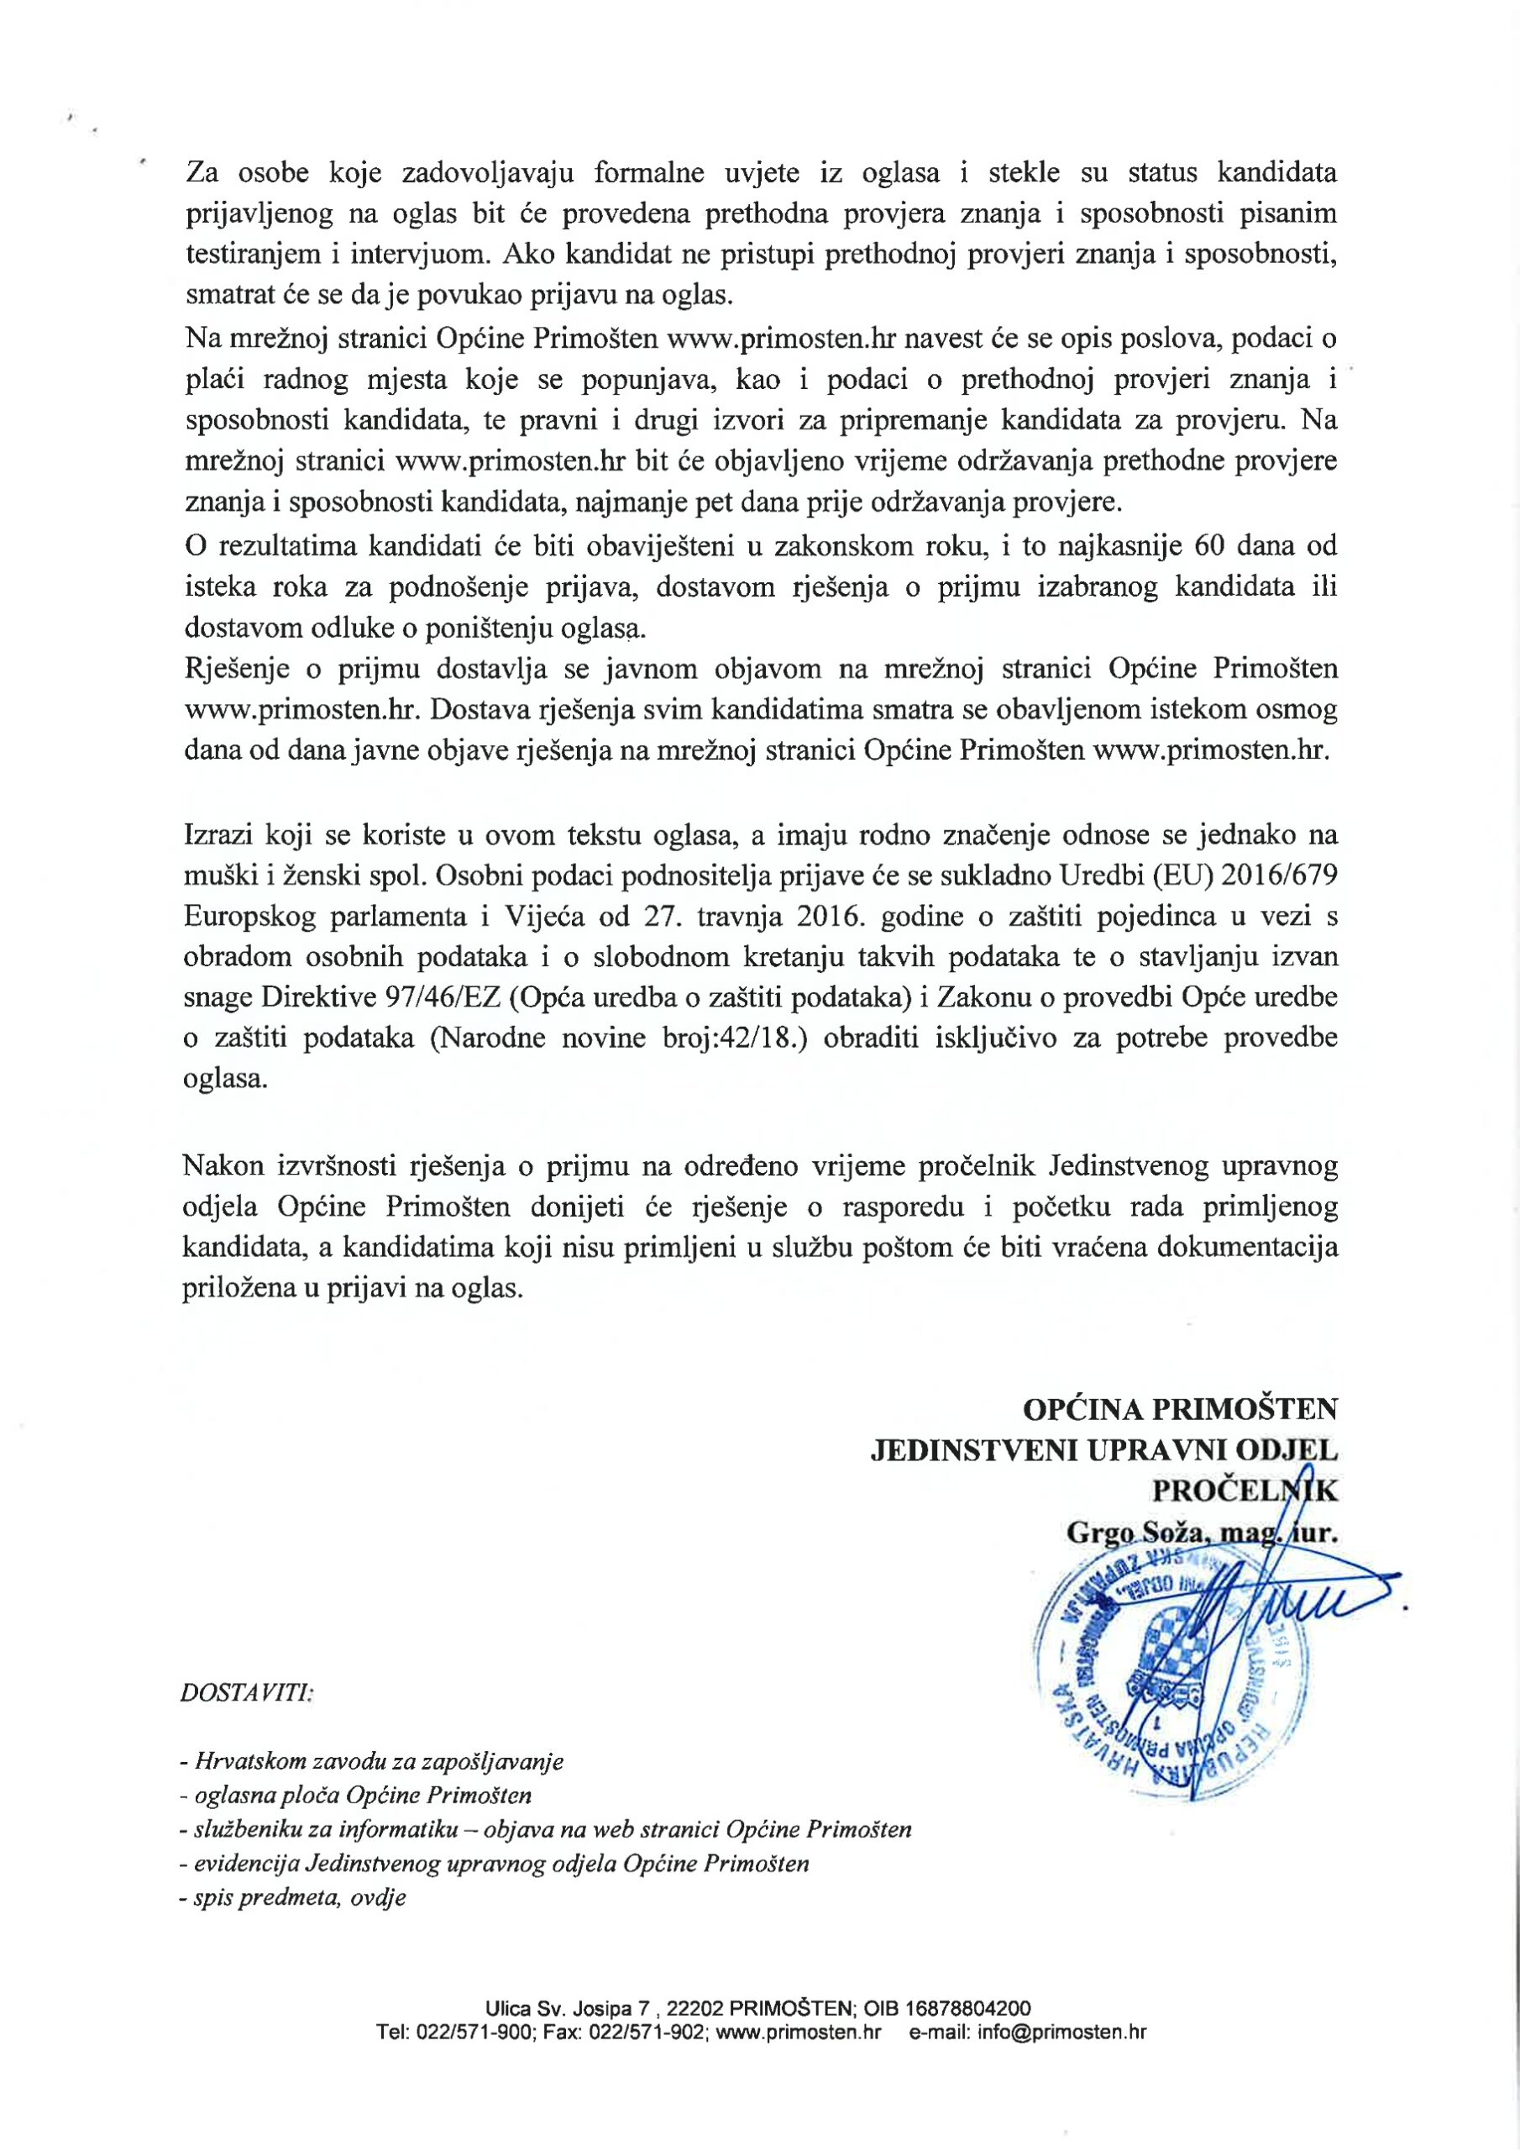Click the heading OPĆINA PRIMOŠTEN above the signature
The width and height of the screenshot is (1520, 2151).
point(1180,1408)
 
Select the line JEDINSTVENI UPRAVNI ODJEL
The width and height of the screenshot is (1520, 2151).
point(1104,1449)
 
